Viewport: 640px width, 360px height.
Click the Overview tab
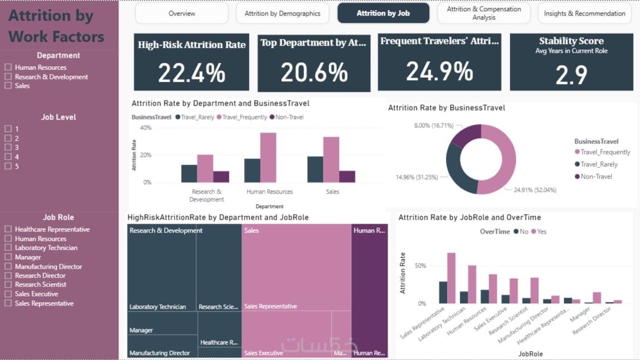pos(182,13)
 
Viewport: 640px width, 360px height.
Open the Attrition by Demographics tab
pos(282,13)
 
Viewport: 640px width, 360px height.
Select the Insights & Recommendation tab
pos(584,13)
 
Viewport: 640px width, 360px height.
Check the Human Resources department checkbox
pos(8,67)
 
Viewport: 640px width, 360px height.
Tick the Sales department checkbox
pos(8,86)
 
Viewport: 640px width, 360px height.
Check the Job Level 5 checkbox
pos(8,166)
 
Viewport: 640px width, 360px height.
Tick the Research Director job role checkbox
pos(8,275)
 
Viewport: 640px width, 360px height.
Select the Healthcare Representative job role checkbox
pos(8,229)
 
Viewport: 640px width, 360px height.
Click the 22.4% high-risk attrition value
pos(191,72)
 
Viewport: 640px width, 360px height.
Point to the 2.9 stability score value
pos(571,75)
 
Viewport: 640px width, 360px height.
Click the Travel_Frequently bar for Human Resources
pos(268,157)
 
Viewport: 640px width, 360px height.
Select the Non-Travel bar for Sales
pos(347,176)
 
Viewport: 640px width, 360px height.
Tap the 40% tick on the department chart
pos(145,128)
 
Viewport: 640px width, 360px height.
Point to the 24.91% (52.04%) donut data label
pos(532,190)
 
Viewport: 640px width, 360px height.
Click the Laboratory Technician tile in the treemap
pos(162,267)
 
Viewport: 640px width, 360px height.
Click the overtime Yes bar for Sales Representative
pos(452,278)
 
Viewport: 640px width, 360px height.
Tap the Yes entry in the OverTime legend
pos(539,231)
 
